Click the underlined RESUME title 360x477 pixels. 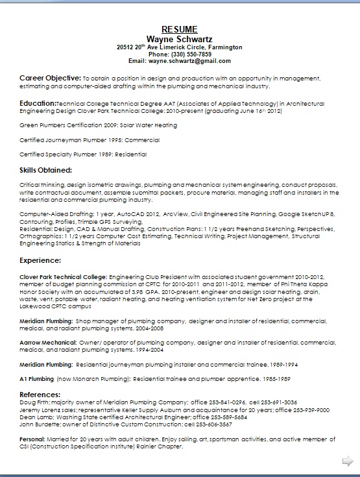tap(180, 29)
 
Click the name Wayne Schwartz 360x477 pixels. tap(180, 38)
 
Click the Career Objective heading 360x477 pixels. tap(50, 77)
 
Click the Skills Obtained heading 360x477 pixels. tap(46, 170)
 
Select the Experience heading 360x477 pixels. tap(40, 260)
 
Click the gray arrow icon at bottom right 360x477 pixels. tap(347, 461)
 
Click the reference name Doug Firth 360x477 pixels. tap(35, 402)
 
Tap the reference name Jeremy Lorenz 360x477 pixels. tap(40, 410)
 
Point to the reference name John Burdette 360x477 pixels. tap(40, 424)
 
